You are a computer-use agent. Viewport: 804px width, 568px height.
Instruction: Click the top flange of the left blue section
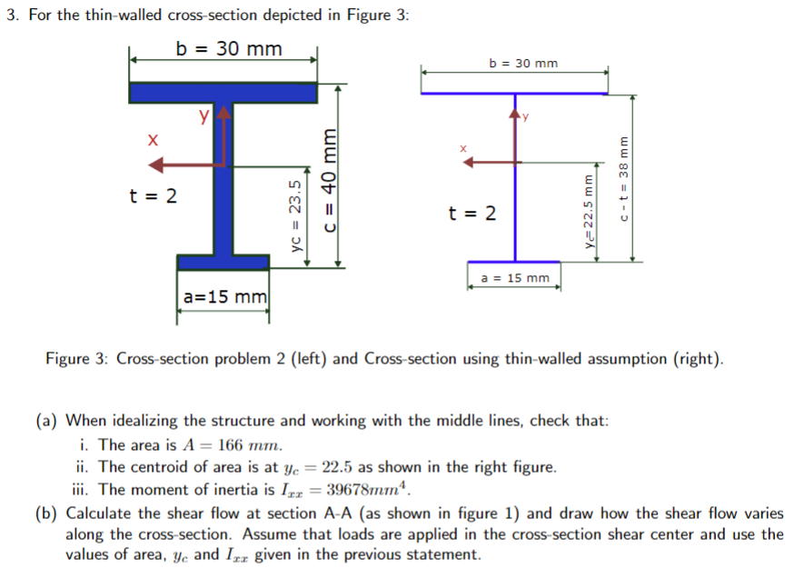pyautogui.click(x=223, y=93)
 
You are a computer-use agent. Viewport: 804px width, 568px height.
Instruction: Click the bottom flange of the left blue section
pyautogui.click(x=223, y=262)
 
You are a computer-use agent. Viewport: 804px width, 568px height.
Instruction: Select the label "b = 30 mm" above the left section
pyautogui.click(x=229, y=48)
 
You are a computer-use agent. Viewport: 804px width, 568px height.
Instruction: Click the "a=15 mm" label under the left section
pyautogui.click(x=224, y=296)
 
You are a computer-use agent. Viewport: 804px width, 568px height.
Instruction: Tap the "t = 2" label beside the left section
pyautogui.click(x=154, y=195)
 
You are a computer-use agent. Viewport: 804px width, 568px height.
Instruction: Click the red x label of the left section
pyautogui.click(x=154, y=140)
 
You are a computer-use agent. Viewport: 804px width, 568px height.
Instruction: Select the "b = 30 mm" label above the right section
pyautogui.click(x=523, y=64)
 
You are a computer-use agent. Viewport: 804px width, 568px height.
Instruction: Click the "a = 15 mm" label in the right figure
pyautogui.click(x=514, y=277)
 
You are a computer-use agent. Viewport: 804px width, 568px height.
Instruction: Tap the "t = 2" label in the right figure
pyautogui.click(x=472, y=214)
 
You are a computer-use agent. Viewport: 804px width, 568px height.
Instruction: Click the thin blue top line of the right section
pyautogui.click(x=514, y=93)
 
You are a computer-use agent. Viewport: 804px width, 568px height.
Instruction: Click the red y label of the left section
pyautogui.click(x=205, y=115)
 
